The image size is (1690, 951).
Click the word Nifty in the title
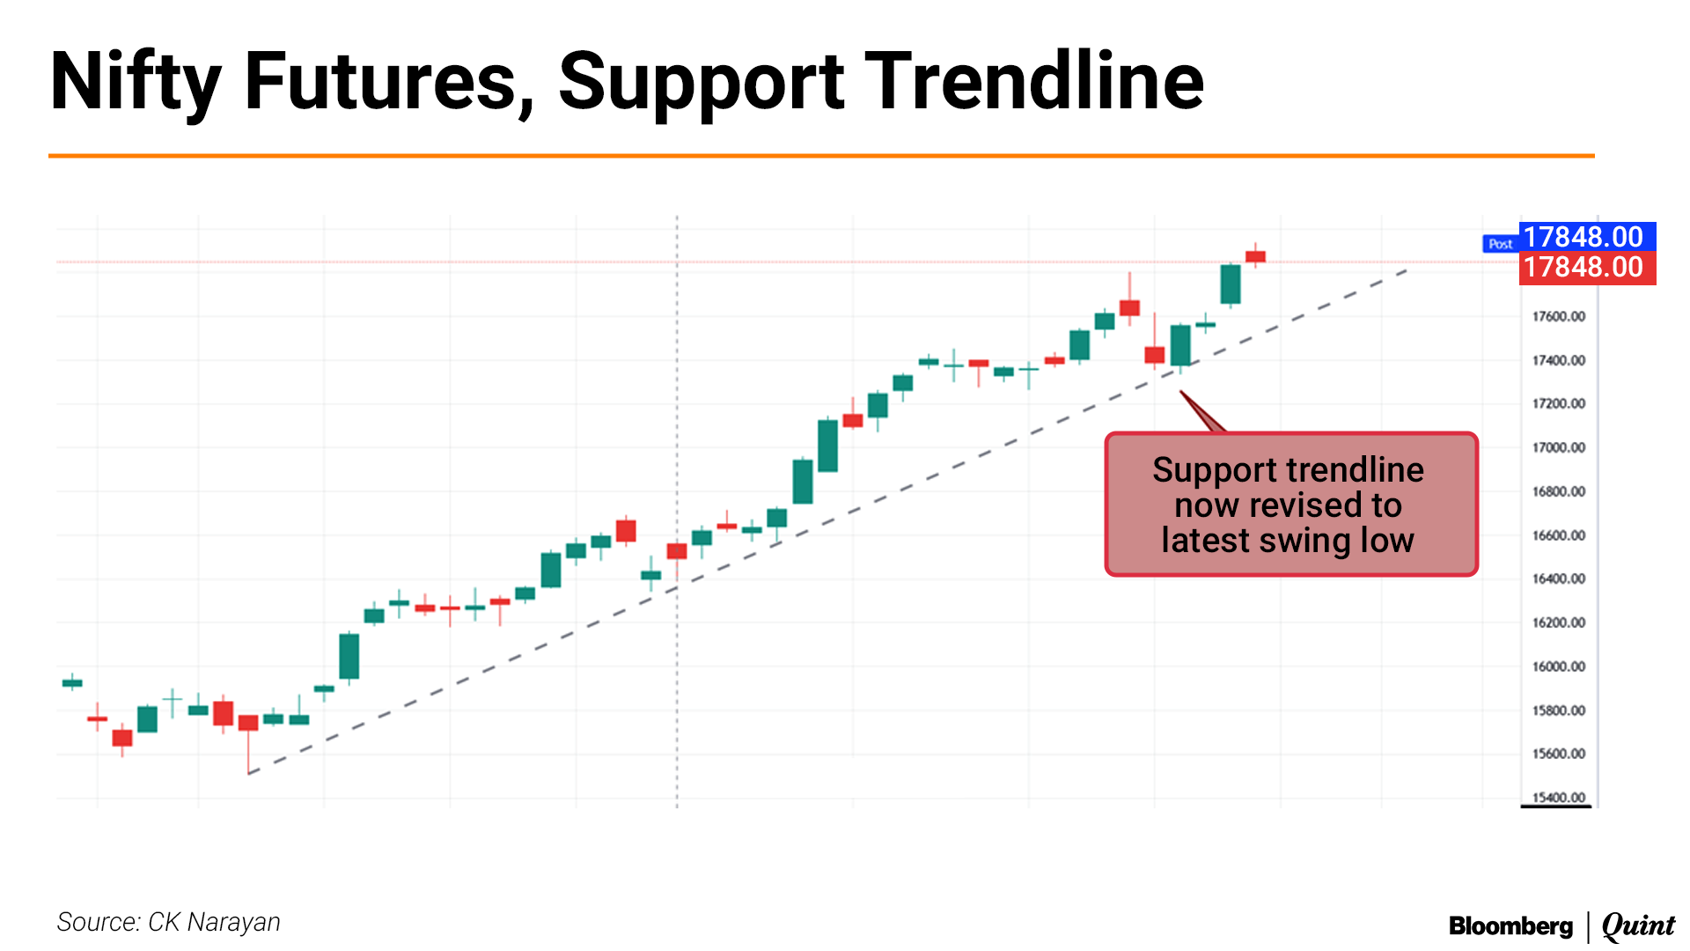(136, 82)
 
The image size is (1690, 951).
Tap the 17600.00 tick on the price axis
(1558, 317)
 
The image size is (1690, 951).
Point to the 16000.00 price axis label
(1558, 667)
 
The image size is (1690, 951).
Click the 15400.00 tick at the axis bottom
(1558, 798)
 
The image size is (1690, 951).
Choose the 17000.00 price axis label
(1558, 447)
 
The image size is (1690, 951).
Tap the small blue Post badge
(1501, 244)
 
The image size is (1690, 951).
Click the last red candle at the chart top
(1255, 256)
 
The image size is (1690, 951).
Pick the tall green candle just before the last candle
(1231, 284)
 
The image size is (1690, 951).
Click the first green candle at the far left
(72, 682)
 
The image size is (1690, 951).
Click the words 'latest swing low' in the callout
(1288, 540)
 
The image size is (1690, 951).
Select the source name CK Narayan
(214, 922)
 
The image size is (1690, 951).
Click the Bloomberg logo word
(1510, 926)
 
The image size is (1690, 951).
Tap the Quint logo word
(1638, 926)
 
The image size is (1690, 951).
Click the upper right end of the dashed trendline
(1407, 269)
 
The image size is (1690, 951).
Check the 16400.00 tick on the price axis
(1558, 579)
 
